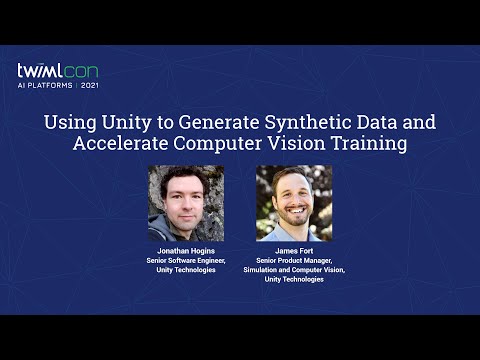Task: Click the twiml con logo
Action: pos(57,72)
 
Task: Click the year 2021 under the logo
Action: pos(89,87)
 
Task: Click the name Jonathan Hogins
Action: pos(186,251)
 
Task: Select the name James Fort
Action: pos(294,251)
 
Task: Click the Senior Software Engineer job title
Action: pos(186,260)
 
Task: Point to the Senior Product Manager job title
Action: pos(294,260)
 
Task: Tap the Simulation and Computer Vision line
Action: pos(294,270)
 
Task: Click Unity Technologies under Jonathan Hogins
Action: pos(186,270)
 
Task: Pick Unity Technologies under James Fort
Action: pos(294,279)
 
